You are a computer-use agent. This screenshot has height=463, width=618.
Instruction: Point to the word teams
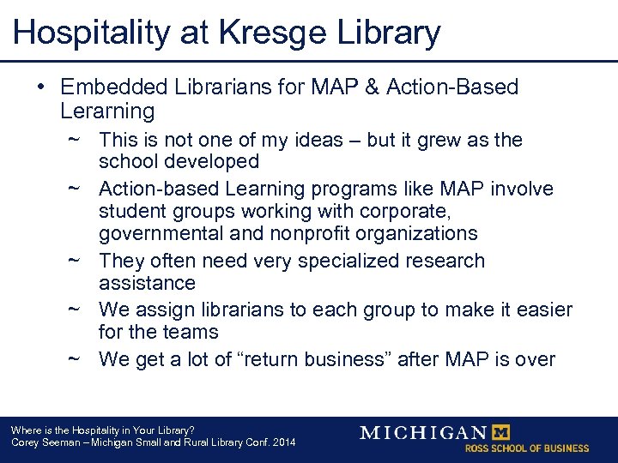191,332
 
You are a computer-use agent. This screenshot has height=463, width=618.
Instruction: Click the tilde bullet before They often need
75,261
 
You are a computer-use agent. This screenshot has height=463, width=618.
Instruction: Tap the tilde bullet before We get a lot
75,359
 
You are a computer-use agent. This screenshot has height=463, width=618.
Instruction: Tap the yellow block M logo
500,432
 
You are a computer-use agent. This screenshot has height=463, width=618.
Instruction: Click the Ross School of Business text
527,448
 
